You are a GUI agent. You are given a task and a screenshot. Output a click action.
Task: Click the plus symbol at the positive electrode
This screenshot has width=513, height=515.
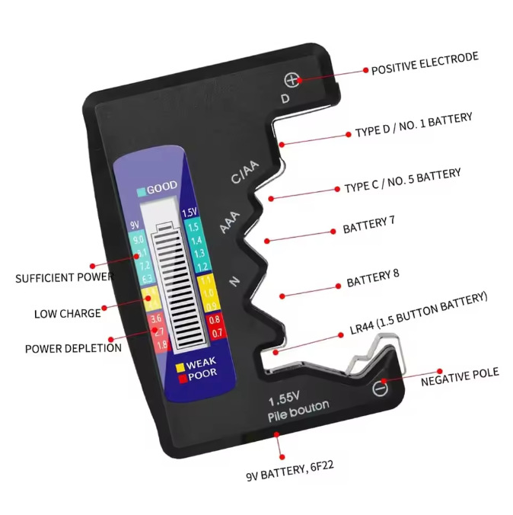[291, 80]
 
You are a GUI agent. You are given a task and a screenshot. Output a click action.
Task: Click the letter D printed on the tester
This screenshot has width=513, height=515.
[285, 99]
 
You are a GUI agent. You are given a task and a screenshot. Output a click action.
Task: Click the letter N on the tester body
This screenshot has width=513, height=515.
[234, 283]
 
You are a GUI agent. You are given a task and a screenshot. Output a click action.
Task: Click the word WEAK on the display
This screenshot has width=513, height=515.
[201, 364]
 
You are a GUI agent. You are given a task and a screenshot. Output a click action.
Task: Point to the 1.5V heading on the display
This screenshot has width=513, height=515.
[190, 212]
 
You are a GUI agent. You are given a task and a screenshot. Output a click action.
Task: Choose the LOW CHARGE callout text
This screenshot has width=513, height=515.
[67, 313]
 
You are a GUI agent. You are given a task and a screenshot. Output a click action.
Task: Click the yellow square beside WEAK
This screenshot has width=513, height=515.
[180, 365]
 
